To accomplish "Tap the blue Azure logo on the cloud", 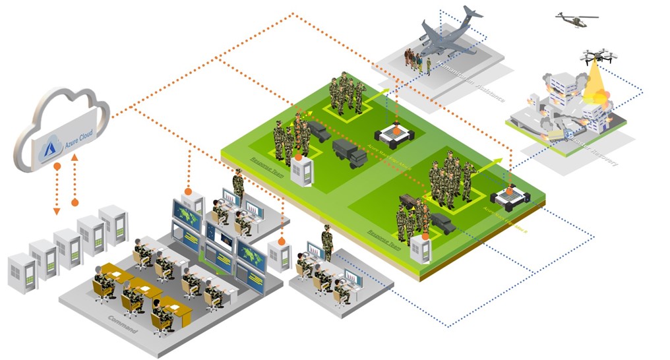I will coord(50,150).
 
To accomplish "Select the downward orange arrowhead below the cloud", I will coord(57,211).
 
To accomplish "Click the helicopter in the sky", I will coord(575,20).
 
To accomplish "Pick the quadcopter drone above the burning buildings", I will coord(598,57).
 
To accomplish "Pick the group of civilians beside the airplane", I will coord(413,59).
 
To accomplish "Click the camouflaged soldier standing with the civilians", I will coord(429,66).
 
